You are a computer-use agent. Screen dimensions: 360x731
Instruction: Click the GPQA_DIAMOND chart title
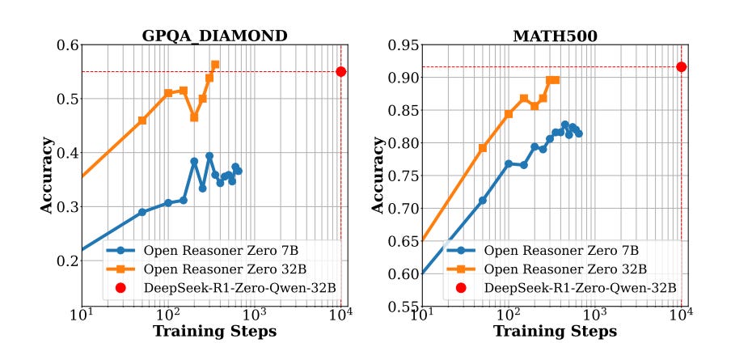coord(214,36)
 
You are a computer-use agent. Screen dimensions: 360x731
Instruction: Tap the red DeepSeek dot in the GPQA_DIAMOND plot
coord(341,71)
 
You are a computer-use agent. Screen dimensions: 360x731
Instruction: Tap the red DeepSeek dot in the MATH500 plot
coord(682,67)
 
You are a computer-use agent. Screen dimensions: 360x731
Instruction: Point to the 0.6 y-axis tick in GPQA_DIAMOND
coord(65,45)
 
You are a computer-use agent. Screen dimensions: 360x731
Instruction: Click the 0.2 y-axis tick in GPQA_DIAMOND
coord(65,260)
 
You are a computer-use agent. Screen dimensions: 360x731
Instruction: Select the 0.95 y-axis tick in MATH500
coord(402,45)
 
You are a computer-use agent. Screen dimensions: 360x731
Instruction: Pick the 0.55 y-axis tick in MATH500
coord(402,307)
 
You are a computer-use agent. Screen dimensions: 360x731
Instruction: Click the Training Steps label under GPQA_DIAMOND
coord(214,332)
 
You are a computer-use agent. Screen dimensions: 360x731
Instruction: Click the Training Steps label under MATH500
coord(555,332)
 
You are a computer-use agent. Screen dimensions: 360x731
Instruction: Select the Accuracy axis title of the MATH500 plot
coord(378,176)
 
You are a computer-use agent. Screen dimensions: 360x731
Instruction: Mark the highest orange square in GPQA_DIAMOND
coord(215,65)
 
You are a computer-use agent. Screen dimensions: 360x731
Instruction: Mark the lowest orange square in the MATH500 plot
coord(483,148)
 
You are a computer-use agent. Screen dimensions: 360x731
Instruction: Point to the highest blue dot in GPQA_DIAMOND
coord(209,155)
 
